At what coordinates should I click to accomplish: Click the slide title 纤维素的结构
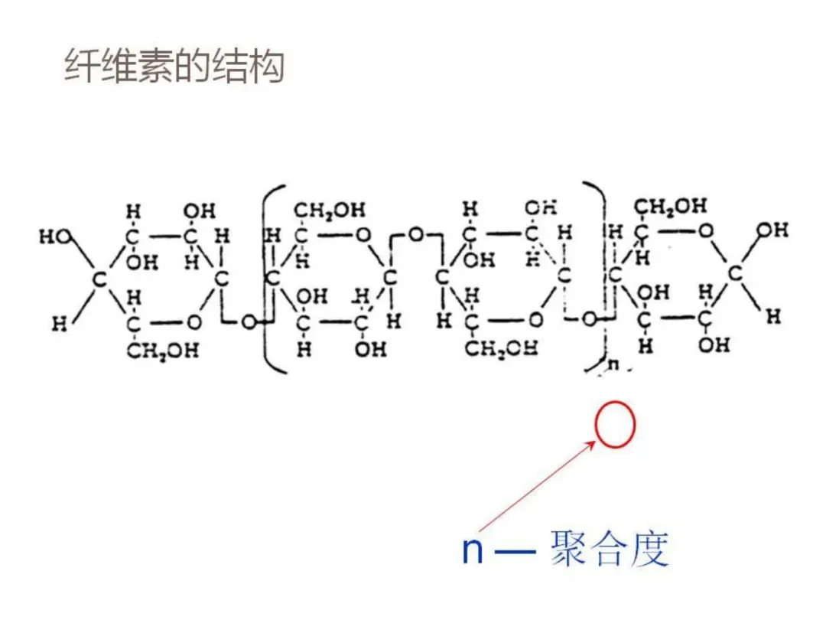click(x=174, y=67)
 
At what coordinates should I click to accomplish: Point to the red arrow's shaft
click(x=535, y=488)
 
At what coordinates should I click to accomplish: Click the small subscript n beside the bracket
click(x=613, y=365)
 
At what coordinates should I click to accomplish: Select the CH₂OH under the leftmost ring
click(x=162, y=351)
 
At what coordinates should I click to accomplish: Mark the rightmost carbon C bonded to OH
click(x=734, y=272)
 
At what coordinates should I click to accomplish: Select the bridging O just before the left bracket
click(x=248, y=321)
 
